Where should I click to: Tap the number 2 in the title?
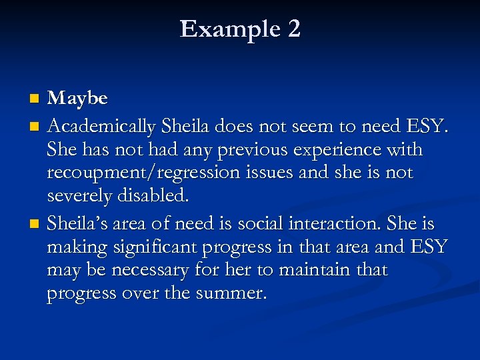(x=293, y=29)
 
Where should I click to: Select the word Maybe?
(x=78, y=99)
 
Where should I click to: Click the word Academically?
(x=102, y=127)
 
